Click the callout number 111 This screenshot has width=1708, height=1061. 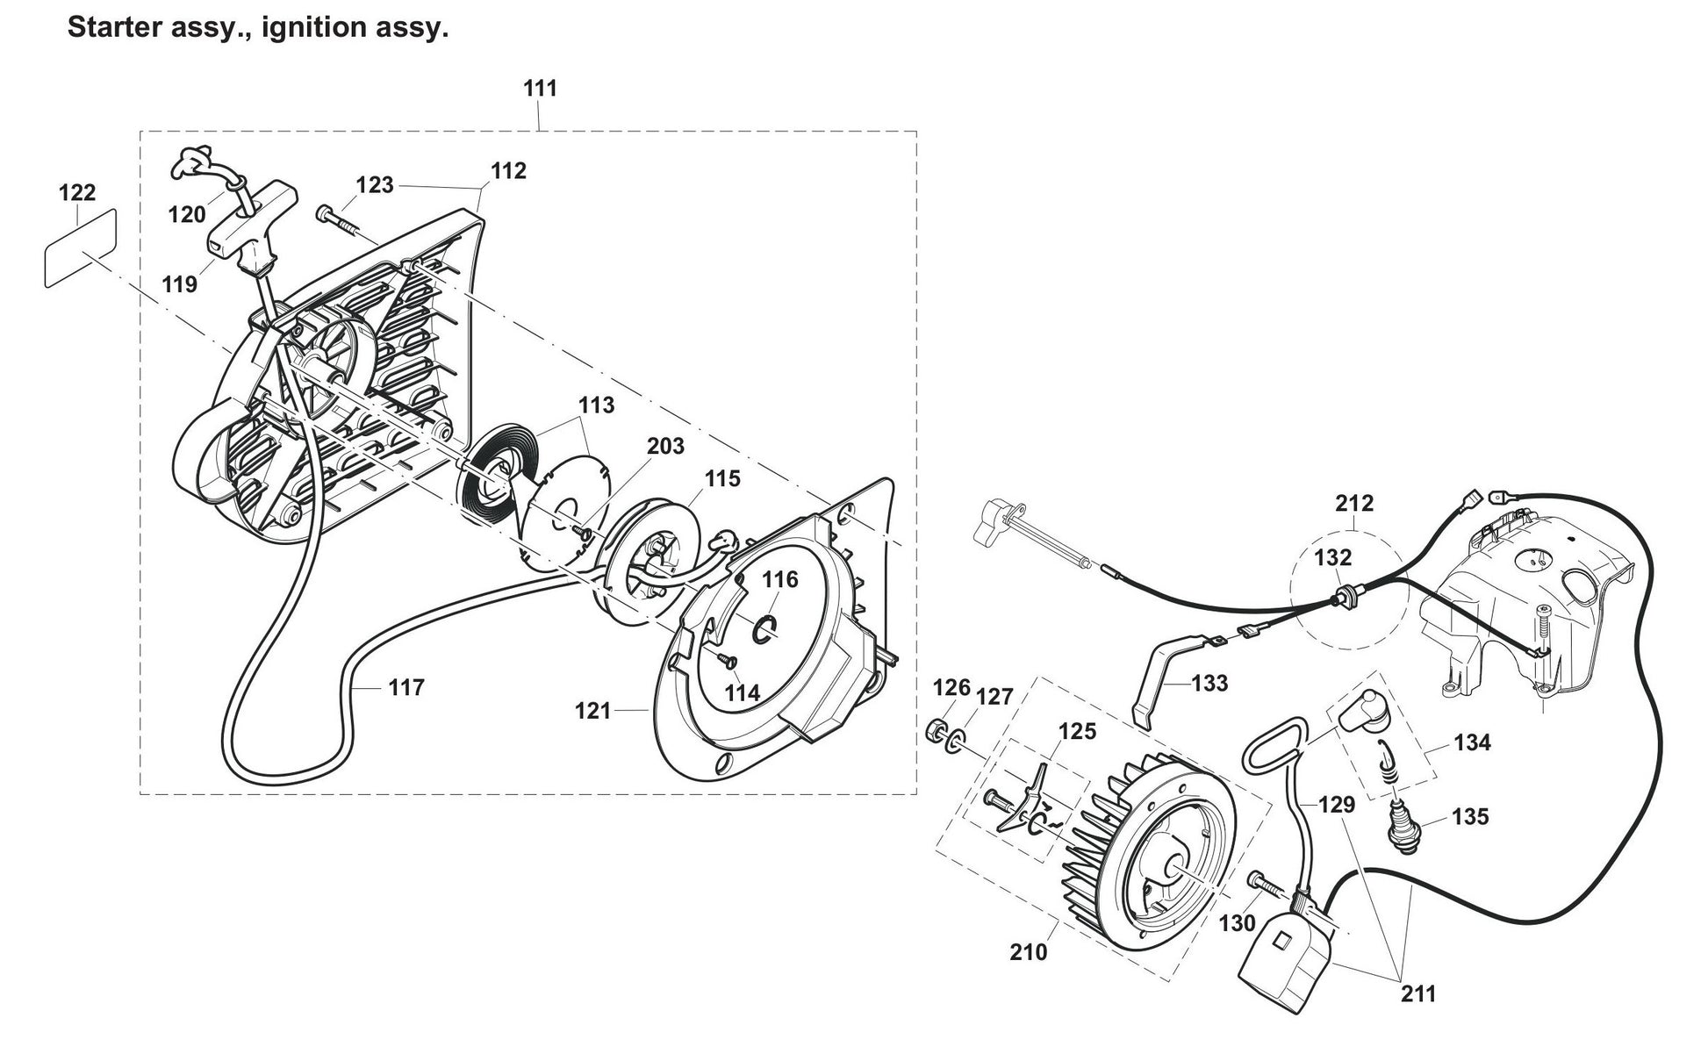coord(540,89)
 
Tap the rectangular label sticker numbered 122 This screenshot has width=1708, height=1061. coord(80,249)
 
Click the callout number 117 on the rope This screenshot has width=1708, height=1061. coord(406,687)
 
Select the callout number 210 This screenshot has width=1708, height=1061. coord(1028,951)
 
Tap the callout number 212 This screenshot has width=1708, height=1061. coord(1354,504)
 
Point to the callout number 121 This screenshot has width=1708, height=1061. coord(592,710)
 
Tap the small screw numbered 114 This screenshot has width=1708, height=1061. coord(726,658)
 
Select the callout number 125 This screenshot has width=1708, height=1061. coord(1077,731)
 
